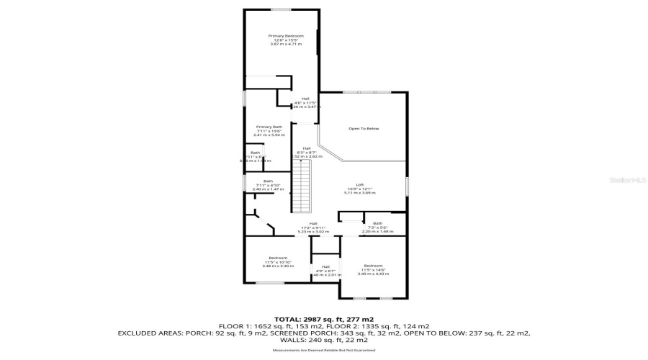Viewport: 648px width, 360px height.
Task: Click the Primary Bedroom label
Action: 286,36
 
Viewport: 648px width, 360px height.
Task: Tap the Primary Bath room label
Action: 269,127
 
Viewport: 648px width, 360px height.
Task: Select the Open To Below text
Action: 364,129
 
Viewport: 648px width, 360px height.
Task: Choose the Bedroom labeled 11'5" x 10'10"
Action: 278,258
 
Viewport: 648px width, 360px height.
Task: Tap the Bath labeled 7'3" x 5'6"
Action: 377,223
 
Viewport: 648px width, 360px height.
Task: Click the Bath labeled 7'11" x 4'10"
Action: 268,181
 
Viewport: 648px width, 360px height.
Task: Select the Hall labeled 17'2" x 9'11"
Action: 314,223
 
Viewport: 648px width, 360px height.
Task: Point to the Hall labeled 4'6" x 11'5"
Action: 305,99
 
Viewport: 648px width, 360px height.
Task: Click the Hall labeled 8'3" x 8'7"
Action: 306,148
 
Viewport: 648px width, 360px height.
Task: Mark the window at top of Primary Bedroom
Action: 280,9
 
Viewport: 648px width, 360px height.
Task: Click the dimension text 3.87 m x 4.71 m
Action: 286,45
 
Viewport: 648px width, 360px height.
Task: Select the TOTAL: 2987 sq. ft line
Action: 323,319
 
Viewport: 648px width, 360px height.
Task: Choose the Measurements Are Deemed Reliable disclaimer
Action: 323,351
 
